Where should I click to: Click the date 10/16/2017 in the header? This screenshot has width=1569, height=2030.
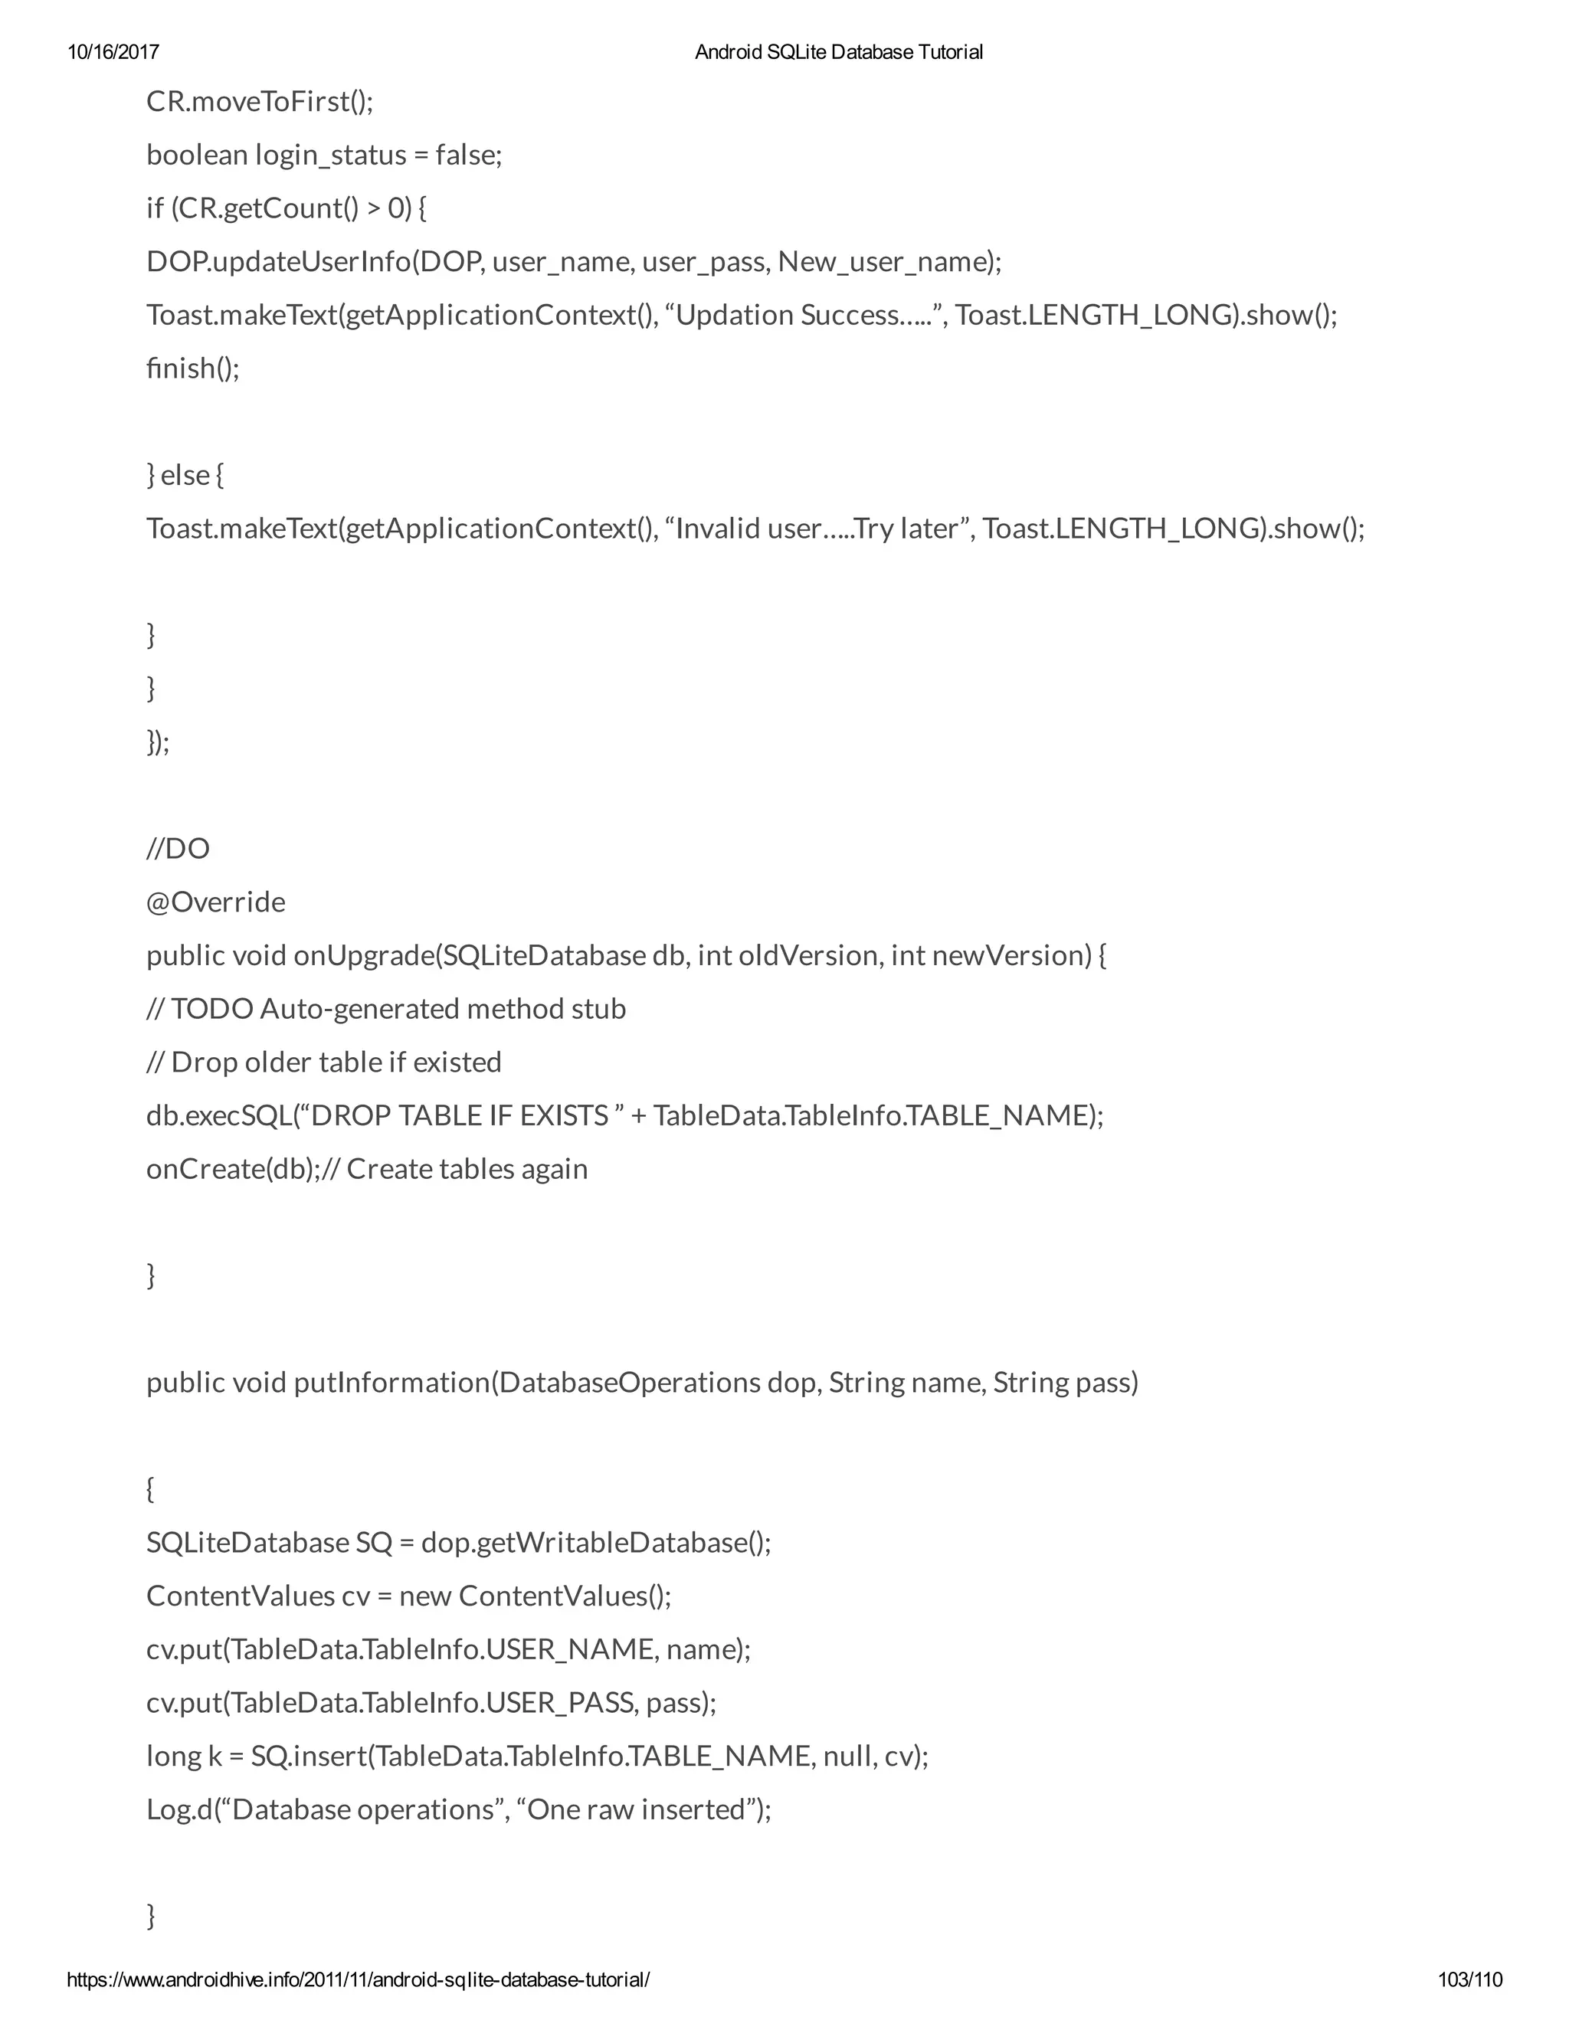(113, 52)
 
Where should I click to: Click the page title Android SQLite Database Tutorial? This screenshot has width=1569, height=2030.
(838, 52)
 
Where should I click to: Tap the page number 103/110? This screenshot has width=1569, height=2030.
(1469, 1979)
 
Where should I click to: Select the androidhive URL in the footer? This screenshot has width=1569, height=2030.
(358, 1979)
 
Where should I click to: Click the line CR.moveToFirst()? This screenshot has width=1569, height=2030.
(260, 101)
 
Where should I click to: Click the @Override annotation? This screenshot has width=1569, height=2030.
(215, 902)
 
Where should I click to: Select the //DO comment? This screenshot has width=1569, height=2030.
(178, 849)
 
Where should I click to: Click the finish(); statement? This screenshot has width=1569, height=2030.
(192, 368)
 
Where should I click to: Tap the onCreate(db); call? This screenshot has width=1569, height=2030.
(232, 1169)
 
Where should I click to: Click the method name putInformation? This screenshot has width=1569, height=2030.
(391, 1382)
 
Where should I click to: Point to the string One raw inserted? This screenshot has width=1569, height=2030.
(637, 1809)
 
